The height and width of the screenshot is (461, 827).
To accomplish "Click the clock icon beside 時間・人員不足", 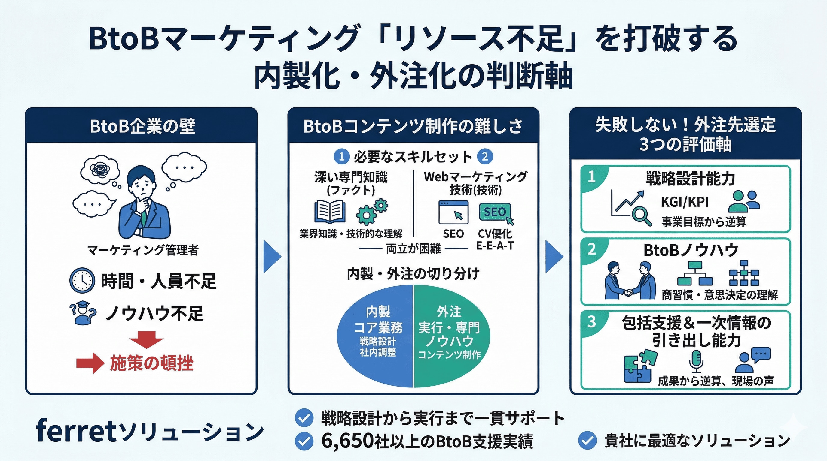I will (82, 281).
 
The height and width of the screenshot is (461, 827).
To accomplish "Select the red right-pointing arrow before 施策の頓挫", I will (90, 363).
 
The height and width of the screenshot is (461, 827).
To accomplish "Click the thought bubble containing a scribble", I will (99, 170).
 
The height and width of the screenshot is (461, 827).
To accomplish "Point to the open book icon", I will (330, 212).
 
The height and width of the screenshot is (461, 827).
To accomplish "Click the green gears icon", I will (372, 212).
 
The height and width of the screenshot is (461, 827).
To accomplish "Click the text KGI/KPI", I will (685, 202).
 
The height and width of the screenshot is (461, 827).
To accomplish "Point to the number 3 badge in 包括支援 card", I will (592, 322).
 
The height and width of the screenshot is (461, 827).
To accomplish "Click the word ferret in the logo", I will (75, 431).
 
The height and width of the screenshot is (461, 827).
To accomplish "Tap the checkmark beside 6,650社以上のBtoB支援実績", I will (304, 441).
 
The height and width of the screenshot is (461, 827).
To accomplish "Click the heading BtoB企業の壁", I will (142, 126).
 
